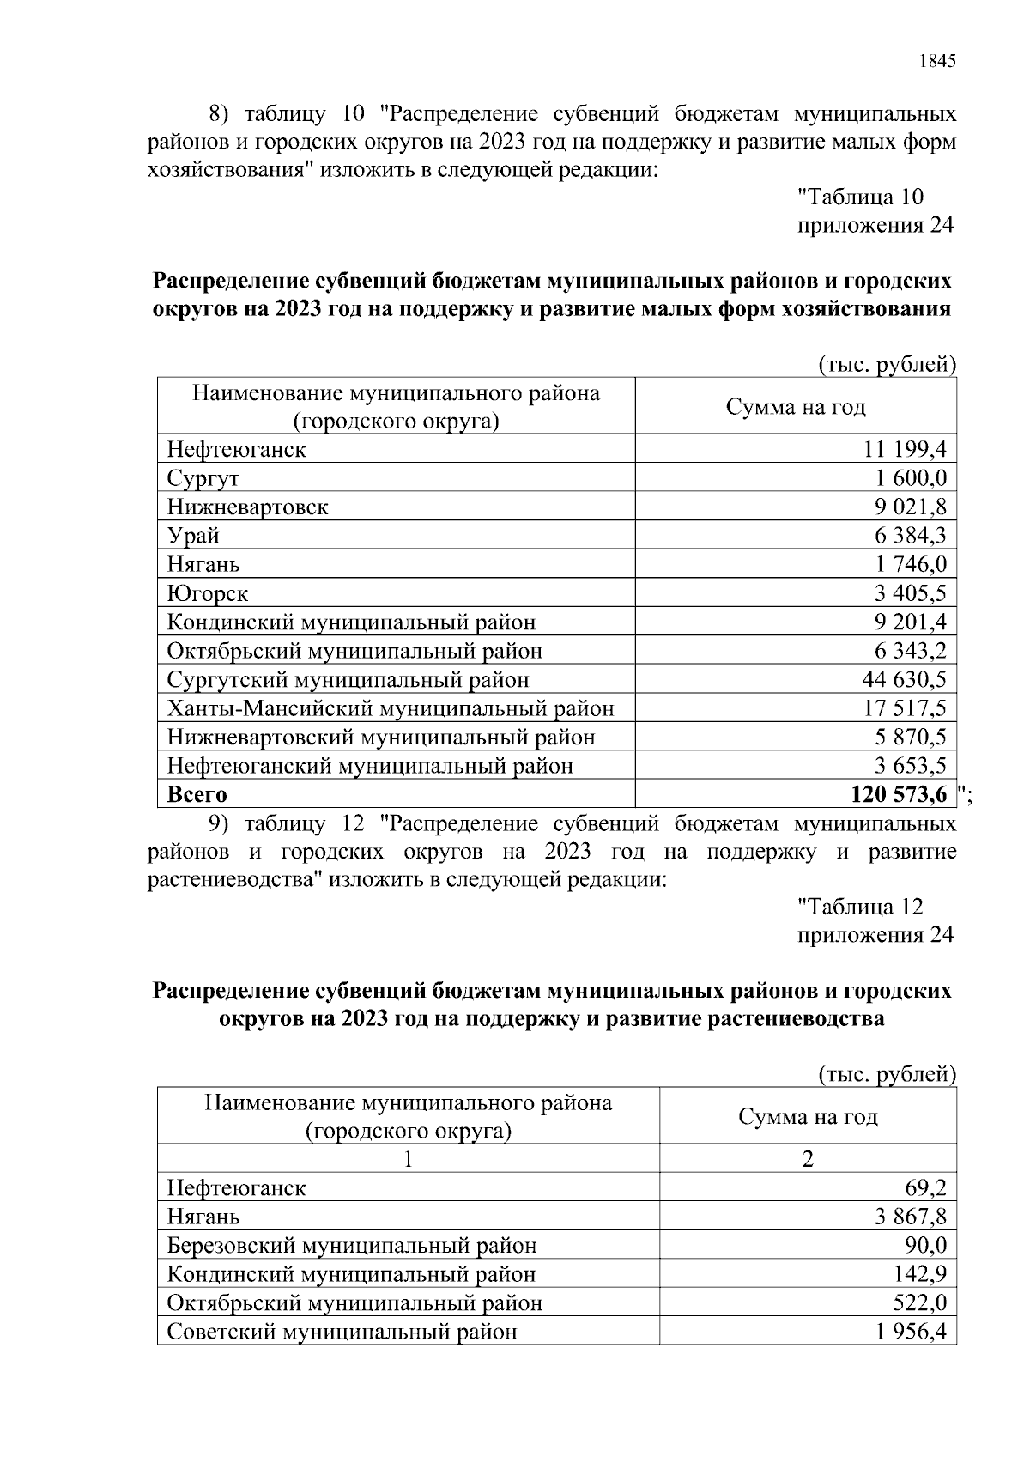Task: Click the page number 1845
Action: click(x=936, y=61)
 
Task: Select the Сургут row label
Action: click(x=203, y=478)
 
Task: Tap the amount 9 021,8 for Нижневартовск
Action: click(x=910, y=507)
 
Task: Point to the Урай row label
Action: click(x=193, y=536)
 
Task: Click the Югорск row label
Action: click(x=208, y=593)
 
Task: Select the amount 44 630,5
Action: click(x=904, y=680)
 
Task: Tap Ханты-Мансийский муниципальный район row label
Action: click(x=391, y=709)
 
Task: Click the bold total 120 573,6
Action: click(x=899, y=795)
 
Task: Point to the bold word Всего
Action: click(x=197, y=795)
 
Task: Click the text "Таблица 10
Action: click(x=860, y=197)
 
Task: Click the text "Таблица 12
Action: click(x=860, y=907)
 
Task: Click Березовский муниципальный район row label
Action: click(x=352, y=1246)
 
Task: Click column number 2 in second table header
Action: click(x=807, y=1159)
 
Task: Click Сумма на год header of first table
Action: click(x=796, y=407)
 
